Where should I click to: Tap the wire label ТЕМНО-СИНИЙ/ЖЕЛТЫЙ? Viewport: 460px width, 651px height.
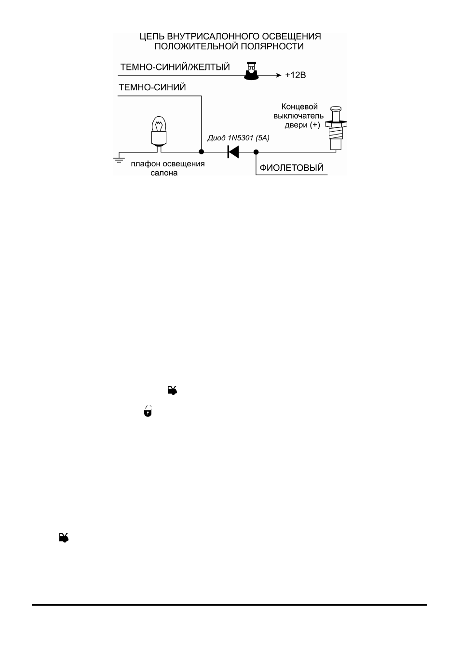[x=175, y=67]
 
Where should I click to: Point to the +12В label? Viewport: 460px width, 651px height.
[x=296, y=75]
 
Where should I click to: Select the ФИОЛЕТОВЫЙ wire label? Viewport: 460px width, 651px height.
[x=291, y=168]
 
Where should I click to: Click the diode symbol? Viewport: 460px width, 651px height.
[x=233, y=152]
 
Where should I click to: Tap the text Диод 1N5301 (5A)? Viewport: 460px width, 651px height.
[x=238, y=138]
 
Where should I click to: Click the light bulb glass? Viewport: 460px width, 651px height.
[x=159, y=124]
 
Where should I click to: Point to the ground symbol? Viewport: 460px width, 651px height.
[x=119, y=159]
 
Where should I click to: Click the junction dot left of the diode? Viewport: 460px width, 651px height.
[x=201, y=152]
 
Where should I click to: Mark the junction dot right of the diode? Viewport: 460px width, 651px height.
[x=256, y=152]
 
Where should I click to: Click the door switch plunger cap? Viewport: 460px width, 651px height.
[x=336, y=108]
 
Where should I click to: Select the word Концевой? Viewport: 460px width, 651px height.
[x=299, y=107]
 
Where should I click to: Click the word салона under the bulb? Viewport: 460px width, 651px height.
[x=164, y=173]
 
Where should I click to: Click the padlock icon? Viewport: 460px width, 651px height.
[x=148, y=411]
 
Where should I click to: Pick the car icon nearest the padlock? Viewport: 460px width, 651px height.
[x=172, y=390]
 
